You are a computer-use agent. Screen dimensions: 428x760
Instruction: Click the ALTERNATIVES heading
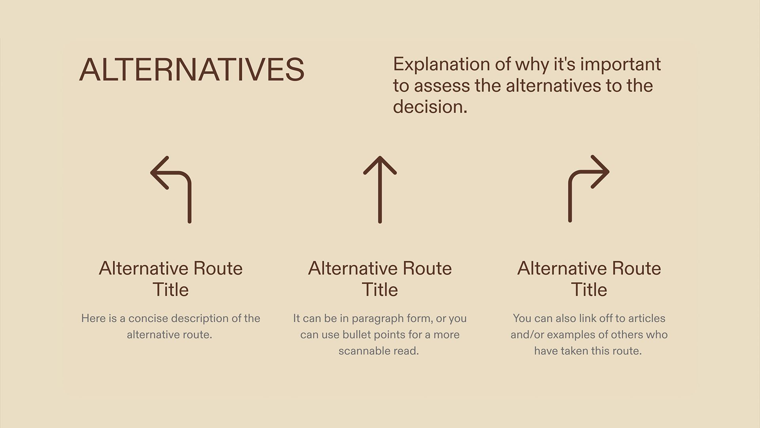192,70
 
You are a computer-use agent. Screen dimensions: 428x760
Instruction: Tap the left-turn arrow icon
171,189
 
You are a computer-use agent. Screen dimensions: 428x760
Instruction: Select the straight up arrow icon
380,189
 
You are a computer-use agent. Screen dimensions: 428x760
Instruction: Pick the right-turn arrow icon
588,189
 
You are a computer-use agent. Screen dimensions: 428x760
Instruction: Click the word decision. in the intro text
430,107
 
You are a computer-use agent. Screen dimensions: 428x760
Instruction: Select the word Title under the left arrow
171,290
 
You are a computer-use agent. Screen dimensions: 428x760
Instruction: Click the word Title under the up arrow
380,290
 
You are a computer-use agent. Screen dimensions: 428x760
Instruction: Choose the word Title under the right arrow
589,290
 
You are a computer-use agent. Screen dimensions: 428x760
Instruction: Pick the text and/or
527,335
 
